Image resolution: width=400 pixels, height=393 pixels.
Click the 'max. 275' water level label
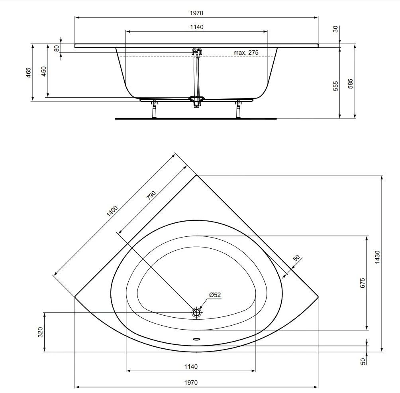tap(246, 53)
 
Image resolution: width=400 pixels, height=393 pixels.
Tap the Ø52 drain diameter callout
tap(215, 295)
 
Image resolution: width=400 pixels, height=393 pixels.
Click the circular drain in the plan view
tap(196, 312)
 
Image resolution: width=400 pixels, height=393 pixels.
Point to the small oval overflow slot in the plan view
tap(197, 339)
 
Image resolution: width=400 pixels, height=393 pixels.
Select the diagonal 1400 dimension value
tap(112, 211)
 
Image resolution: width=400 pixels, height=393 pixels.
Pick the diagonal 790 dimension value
tap(151, 195)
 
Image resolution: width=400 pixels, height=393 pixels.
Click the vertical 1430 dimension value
tap(377, 257)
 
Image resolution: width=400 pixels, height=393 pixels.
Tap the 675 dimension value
tap(363, 283)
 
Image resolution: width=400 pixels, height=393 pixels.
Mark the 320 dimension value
tap(40, 332)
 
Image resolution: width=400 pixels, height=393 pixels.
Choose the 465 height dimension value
tap(28, 73)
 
